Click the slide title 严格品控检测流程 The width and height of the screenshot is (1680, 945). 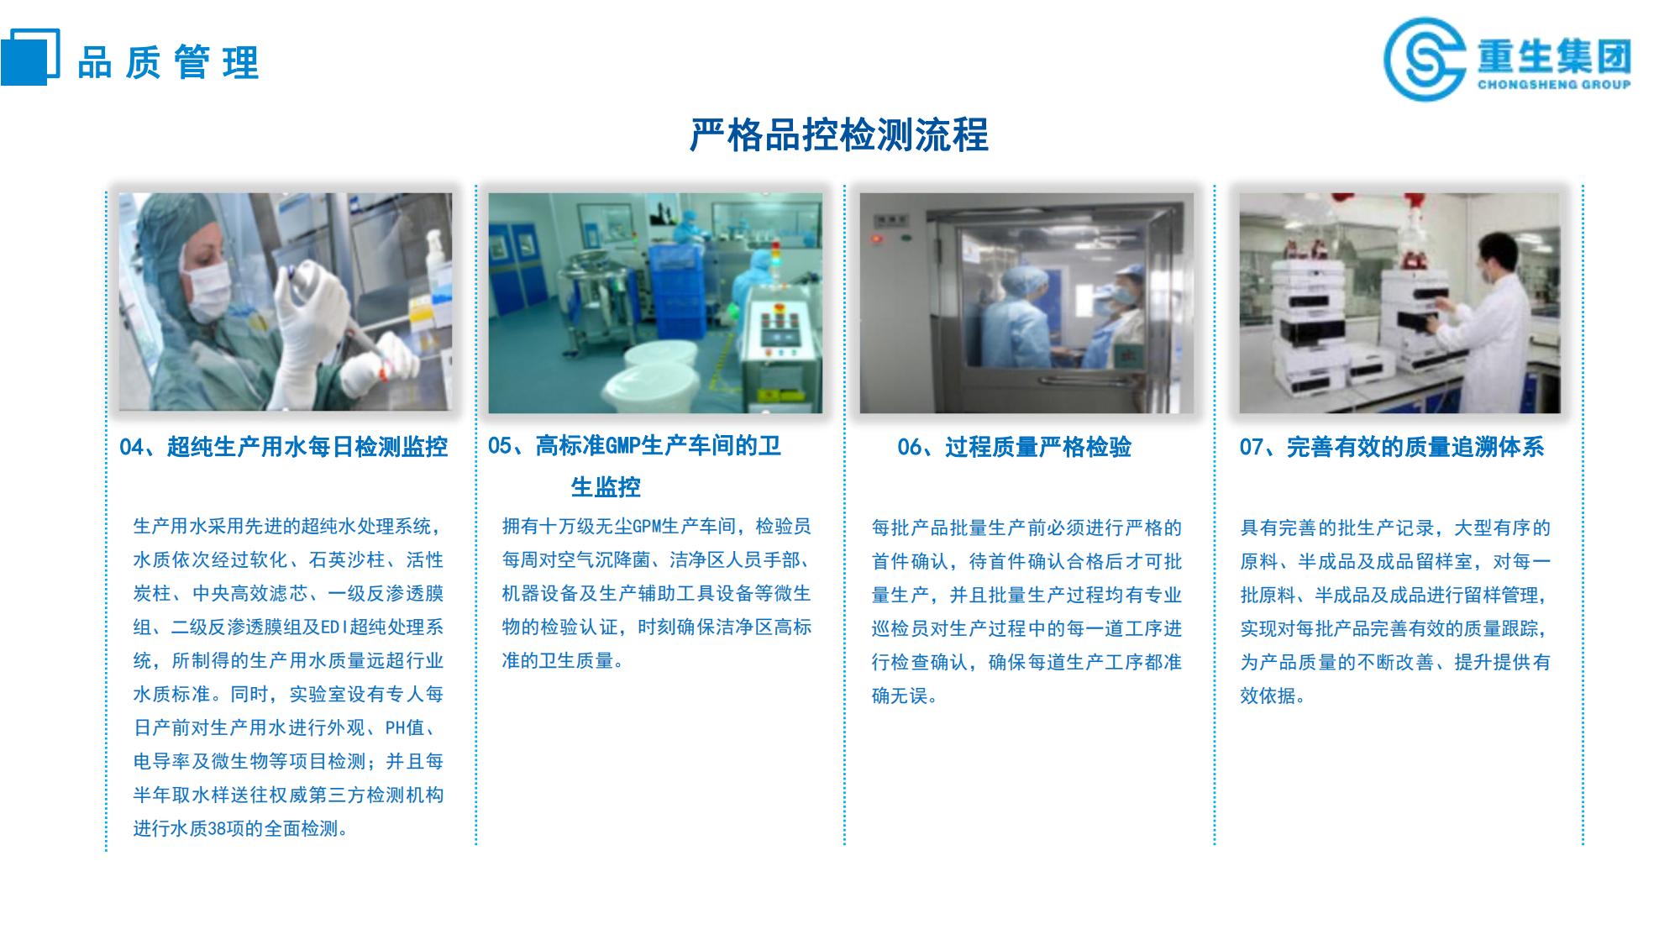click(x=838, y=135)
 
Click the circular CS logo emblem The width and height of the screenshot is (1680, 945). click(x=1425, y=60)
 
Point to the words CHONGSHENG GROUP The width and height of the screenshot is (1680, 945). click(x=1554, y=84)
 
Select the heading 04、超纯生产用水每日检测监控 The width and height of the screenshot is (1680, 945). click(x=283, y=447)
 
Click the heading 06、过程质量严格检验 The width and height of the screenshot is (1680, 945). click(x=1014, y=447)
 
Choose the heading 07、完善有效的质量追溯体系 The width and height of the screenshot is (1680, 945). click(x=1392, y=447)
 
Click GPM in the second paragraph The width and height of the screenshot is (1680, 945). click(x=647, y=527)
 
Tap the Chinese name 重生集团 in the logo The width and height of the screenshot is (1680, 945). click(x=1554, y=55)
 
